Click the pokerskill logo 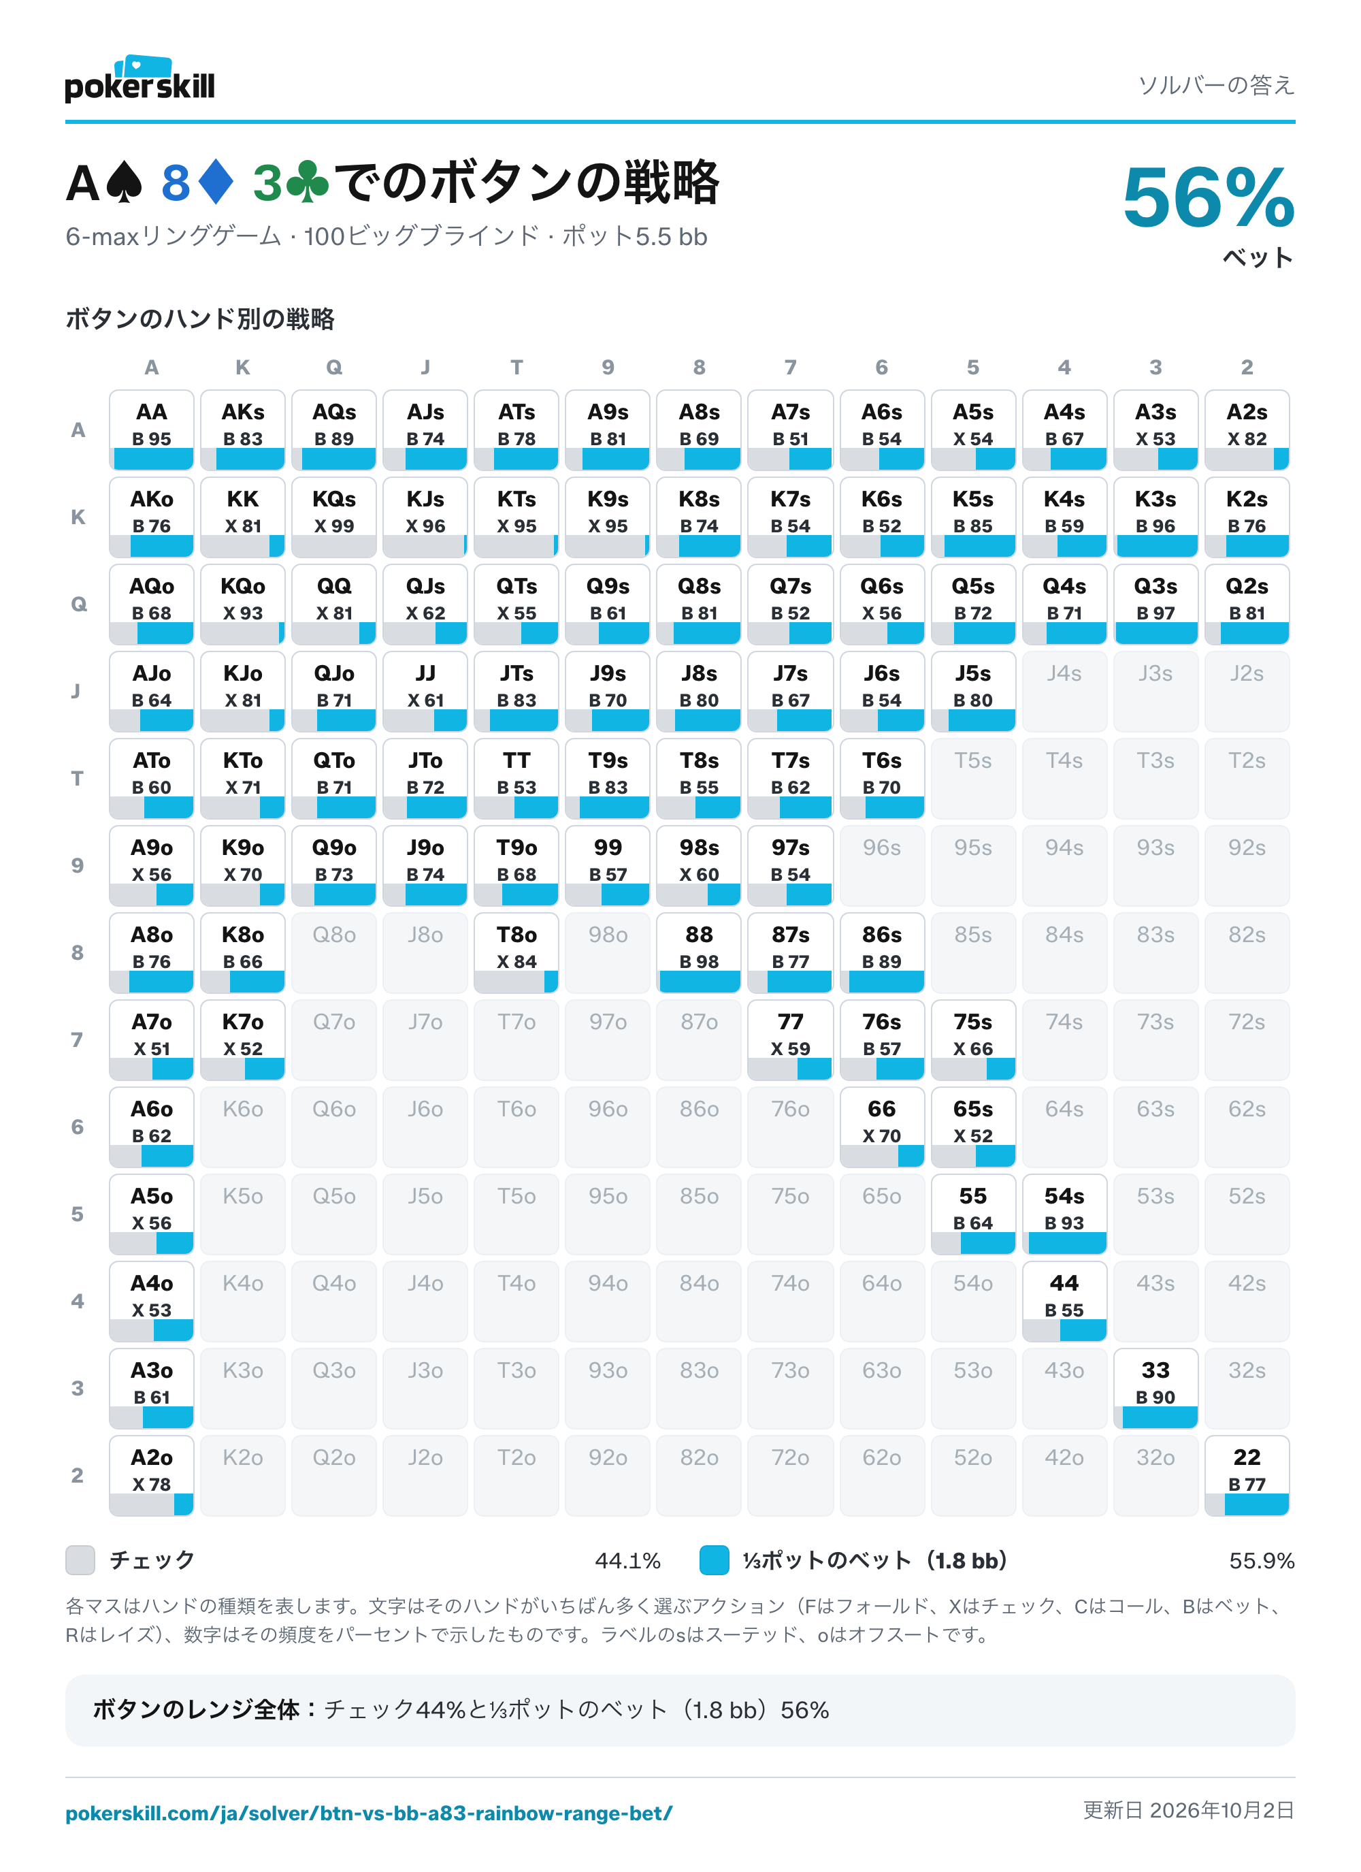140,79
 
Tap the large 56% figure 1209,197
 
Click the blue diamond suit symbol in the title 216,182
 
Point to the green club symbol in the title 307,182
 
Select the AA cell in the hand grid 152,430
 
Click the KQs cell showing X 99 334,517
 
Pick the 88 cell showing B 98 699,952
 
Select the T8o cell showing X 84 516,952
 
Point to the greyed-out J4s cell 1065,692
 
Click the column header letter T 516,368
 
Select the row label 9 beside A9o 78,865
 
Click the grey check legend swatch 80,1560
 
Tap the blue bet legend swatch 714,1560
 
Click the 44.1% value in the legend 627,1561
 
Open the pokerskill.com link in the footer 369,1813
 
